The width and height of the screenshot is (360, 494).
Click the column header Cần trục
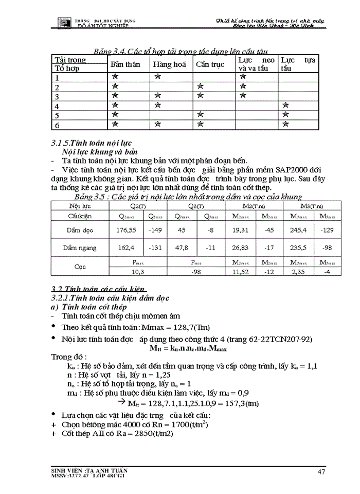210,65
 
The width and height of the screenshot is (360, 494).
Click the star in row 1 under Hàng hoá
158,77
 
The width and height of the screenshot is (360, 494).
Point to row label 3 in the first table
58,97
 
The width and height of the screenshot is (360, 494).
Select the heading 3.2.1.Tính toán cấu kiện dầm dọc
110,298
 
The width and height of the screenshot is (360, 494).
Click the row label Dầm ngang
80,248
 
